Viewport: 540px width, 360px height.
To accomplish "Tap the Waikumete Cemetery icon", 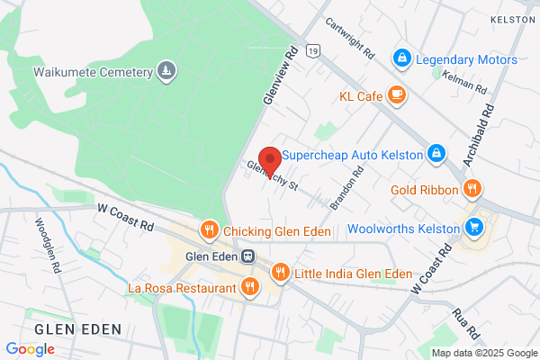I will [166, 70].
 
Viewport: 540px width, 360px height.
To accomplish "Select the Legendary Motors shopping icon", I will [402, 59].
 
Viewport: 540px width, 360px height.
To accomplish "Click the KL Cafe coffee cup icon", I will [397, 94].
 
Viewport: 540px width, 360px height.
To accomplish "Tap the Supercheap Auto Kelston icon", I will [436, 154].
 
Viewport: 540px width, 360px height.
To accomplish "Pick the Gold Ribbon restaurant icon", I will [472, 189].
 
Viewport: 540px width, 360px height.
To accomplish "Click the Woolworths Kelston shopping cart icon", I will [474, 226].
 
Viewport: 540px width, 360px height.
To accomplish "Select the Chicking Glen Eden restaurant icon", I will [209, 230].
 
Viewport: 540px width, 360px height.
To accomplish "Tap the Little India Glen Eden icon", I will [281, 272].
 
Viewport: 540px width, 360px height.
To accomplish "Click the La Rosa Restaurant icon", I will [250, 287].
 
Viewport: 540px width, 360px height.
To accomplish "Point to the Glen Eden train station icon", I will [247, 255].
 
